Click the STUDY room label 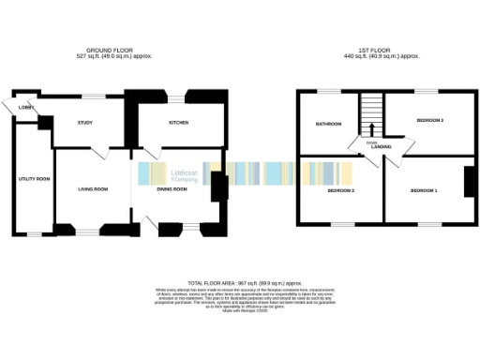tap(84, 123)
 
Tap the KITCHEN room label tap(179, 123)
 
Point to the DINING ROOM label tap(172, 189)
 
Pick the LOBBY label tap(24, 107)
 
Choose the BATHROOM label tap(328, 124)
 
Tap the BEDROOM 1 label tap(423, 190)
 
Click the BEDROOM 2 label tap(339, 190)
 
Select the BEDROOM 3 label tap(430, 121)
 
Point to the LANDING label tap(382, 147)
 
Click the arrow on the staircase tap(371, 130)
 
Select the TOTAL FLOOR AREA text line tap(243, 282)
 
